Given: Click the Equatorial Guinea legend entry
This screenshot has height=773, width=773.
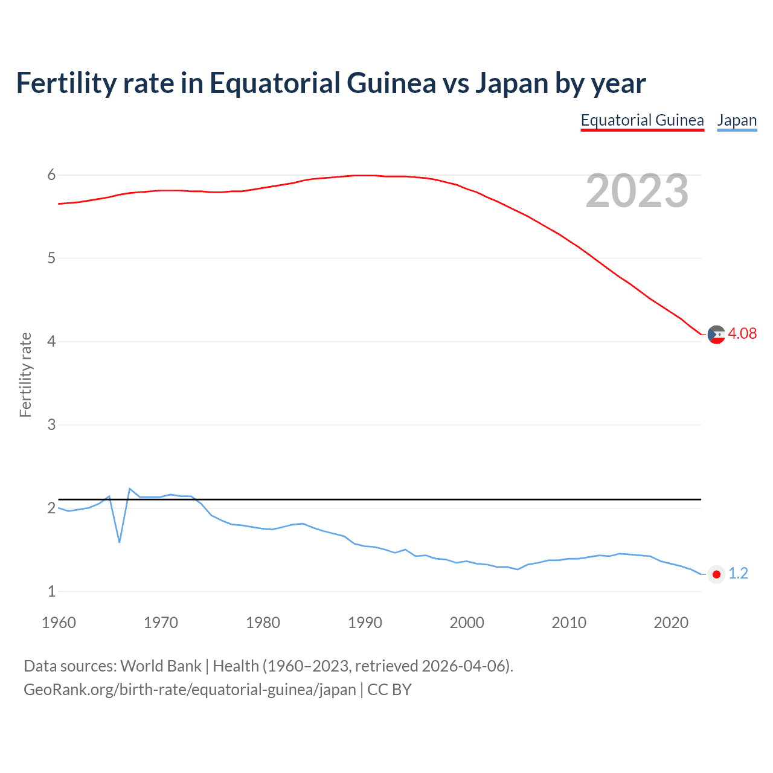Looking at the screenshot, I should [642, 120].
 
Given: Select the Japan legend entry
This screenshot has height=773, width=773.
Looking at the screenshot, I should [737, 120].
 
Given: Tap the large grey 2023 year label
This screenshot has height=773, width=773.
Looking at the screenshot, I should [637, 191].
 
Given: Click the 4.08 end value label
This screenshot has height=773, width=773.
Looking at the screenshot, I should [742, 333].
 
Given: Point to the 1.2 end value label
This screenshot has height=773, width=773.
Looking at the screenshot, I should [738, 573].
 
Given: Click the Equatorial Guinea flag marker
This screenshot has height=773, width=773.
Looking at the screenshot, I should [716, 334].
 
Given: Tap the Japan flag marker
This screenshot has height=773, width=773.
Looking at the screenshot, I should [716, 574].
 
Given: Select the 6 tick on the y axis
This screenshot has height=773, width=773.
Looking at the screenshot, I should [51, 175].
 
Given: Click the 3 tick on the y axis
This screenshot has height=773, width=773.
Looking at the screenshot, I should [51, 425].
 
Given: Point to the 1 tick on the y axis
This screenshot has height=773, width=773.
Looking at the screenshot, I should [51, 591].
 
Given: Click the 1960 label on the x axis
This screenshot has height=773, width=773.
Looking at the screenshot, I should [59, 623].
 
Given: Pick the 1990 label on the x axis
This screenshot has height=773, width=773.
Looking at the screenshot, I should [365, 623].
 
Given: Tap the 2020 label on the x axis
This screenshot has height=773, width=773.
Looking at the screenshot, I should [671, 623].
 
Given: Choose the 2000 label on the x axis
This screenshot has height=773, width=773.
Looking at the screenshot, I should [467, 623].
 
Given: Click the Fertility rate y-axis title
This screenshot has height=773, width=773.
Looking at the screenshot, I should [25, 374].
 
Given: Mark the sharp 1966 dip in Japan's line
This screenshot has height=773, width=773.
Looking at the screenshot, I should [120, 541].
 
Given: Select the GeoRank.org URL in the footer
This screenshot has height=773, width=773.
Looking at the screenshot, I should [190, 690].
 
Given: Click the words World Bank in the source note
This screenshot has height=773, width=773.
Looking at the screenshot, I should [161, 666].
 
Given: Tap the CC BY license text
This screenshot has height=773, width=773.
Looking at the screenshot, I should [390, 690].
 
